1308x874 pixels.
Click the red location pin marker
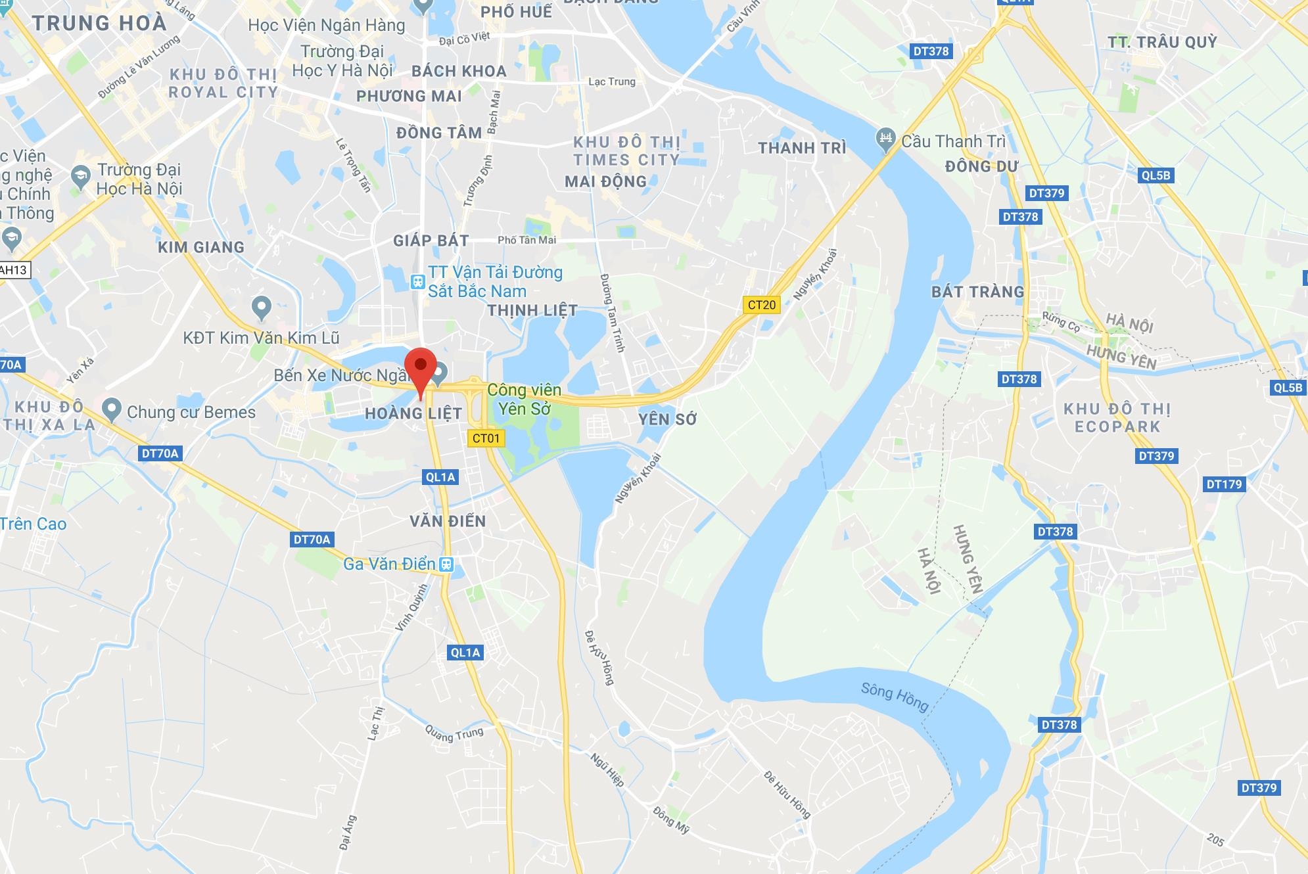click(421, 368)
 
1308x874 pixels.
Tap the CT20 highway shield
click(762, 305)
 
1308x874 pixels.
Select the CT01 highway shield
click(486, 438)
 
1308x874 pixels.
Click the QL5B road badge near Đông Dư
click(1156, 175)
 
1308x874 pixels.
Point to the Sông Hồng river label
click(895, 697)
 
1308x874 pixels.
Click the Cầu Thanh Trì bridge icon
click(886, 139)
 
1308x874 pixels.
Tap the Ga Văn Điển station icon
click(446, 564)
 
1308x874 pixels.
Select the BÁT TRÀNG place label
click(977, 292)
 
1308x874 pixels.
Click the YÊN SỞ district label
click(667, 419)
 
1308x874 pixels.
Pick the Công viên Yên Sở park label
click(524, 400)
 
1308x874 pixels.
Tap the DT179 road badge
click(1224, 484)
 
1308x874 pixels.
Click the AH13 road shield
click(14, 270)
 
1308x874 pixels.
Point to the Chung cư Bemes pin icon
click(112, 410)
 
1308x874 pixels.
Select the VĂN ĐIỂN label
click(448, 522)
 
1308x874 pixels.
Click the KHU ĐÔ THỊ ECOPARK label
click(1117, 418)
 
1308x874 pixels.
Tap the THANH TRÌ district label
click(802, 149)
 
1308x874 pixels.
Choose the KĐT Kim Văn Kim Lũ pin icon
click(262, 307)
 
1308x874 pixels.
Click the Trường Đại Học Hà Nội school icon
click(81, 175)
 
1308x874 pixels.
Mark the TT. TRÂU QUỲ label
click(1162, 43)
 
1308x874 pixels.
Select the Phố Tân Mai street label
click(526, 241)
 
